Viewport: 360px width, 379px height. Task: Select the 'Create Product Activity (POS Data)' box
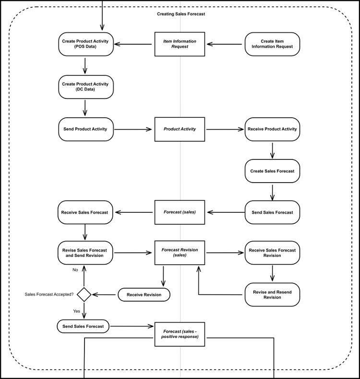tap(85, 44)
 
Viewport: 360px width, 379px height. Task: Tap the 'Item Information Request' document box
tap(180, 44)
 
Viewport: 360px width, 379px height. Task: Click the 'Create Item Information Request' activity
tap(272, 44)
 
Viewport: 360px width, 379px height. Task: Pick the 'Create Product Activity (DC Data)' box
tap(85, 87)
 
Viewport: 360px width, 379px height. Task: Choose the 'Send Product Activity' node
tap(85, 129)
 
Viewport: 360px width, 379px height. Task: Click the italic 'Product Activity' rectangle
tap(180, 129)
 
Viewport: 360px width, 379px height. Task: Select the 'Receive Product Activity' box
tap(272, 129)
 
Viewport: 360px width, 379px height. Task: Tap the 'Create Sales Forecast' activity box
tap(272, 171)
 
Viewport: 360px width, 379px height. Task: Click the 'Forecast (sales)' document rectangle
tap(180, 212)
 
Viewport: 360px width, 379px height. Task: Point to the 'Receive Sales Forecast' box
tap(85, 212)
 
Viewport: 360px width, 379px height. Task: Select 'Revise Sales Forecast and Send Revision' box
tap(85, 253)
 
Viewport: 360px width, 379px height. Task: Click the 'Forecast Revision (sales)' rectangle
tap(180, 253)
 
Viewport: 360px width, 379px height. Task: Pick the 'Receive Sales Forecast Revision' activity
tap(272, 253)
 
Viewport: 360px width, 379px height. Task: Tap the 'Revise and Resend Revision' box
tap(272, 294)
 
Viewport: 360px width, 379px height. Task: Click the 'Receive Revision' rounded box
tap(144, 294)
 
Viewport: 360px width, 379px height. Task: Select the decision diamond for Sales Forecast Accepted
tap(84, 294)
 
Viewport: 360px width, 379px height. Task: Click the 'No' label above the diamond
tap(75, 270)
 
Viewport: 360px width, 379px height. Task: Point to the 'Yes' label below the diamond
tap(77, 311)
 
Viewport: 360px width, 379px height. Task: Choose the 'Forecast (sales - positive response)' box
tap(180, 334)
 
